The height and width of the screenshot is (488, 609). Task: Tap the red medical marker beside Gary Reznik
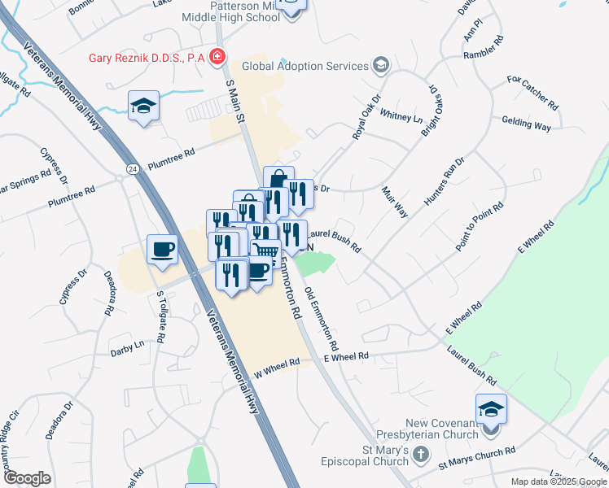point(217,57)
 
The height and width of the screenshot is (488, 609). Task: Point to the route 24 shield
point(131,168)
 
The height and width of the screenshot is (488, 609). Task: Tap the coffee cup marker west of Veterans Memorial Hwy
point(162,249)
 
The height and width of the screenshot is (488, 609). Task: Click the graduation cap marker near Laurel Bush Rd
point(491,408)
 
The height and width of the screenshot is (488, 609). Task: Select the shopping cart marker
point(265,253)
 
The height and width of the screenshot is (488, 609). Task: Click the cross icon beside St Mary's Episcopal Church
point(420,455)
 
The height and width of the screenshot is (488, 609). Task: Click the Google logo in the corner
point(26,477)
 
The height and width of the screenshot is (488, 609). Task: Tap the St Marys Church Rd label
point(476,458)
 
